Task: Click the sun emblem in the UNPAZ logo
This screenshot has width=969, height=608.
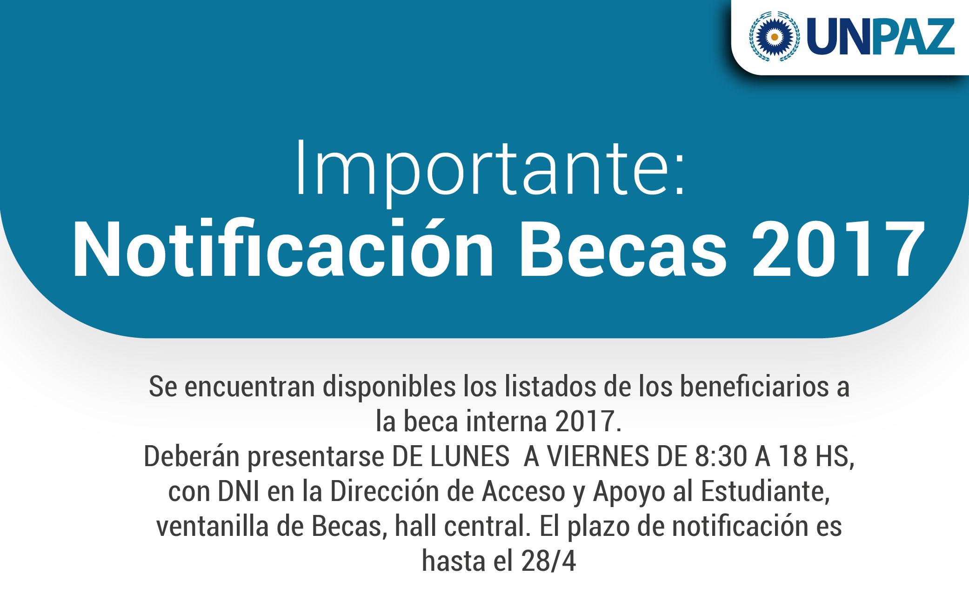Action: click(774, 36)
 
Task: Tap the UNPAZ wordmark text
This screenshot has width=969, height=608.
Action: click(881, 37)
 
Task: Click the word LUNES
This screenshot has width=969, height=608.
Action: click(470, 456)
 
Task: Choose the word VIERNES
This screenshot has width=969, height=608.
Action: click(598, 456)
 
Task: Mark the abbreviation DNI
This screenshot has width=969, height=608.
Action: click(239, 492)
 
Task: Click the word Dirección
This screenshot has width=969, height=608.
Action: click(385, 491)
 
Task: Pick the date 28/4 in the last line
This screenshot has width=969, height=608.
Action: click(548, 561)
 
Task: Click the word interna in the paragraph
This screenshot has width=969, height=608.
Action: click(507, 421)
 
